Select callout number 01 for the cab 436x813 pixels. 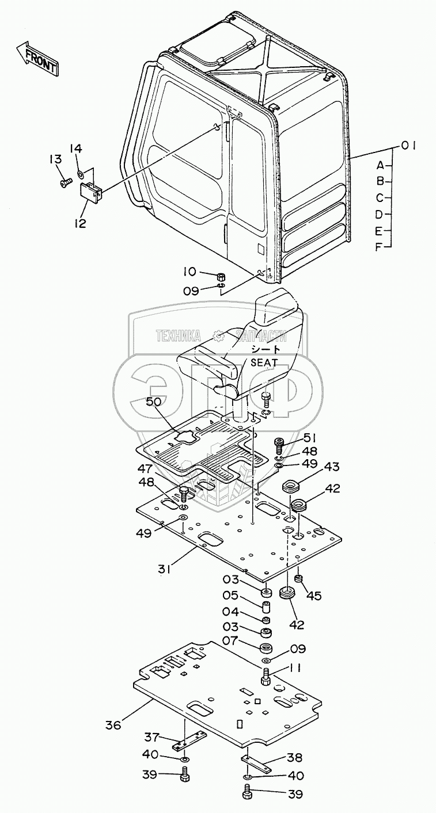407,146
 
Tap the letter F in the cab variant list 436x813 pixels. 379,247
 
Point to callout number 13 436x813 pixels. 56,159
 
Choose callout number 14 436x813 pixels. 76,148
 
